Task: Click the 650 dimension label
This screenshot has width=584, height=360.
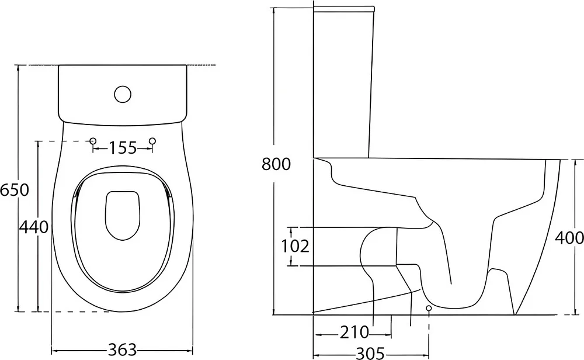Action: pyautogui.click(x=15, y=190)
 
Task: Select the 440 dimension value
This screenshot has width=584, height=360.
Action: pyautogui.click(x=34, y=227)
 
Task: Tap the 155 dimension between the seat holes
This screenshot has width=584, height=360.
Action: pyautogui.click(x=123, y=148)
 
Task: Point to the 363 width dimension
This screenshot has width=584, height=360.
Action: pyautogui.click(x=123, y=350)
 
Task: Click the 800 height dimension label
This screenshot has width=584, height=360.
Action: pyautogui.click(x=276, y=164)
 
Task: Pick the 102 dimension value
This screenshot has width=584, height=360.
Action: pyautogui.click(x=295, y=247)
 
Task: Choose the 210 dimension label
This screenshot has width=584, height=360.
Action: pyautogui.click(x=354, y=333)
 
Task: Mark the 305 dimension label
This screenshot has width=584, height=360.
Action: pyautogui.click(x=371, y=353)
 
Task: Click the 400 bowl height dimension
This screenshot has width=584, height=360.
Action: pyautogui.click(x=569, y=238)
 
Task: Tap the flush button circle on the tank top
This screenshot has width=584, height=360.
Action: pyautogui.click(x=123, y=94)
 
